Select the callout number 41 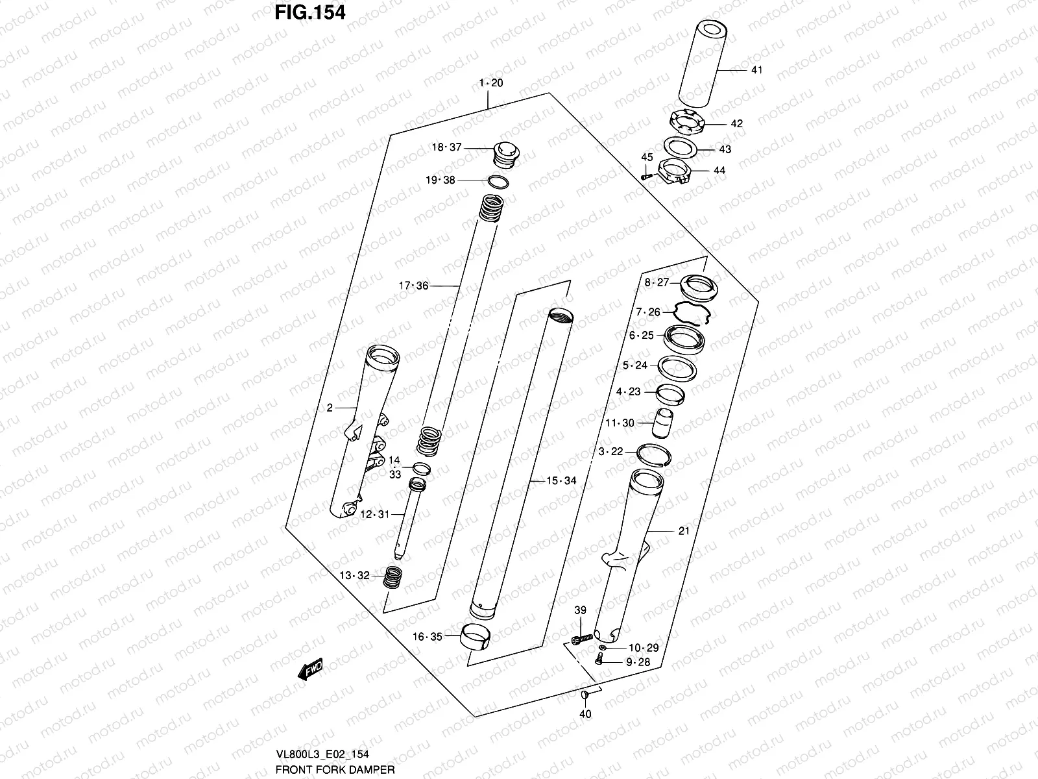coord(756,69)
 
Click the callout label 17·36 coord(414,286)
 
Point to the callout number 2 coord(330,408)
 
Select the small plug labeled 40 coord(585,697)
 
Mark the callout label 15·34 coord(561,481)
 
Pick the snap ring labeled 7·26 coord(692,312)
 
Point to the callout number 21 coord(684,531)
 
